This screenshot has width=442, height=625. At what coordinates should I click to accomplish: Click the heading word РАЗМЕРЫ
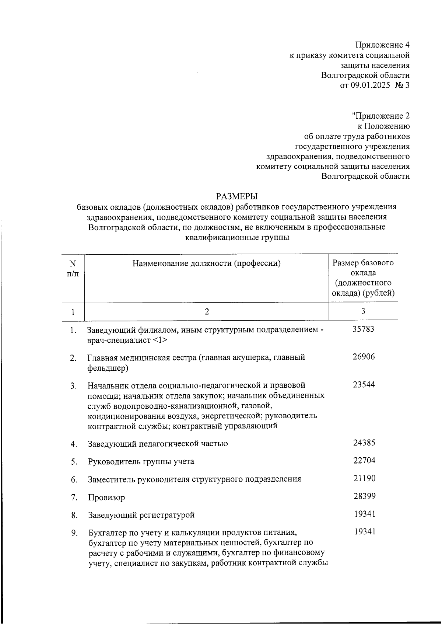click(x=237, y=196)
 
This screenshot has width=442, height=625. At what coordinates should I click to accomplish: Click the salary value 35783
click(x=363, y=329)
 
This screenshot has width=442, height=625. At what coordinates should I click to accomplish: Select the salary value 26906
click(x=364, y=357)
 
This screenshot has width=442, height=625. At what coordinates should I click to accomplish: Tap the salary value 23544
click(x=364, y=385)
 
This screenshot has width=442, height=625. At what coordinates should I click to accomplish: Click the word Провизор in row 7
click(x=106, y=497)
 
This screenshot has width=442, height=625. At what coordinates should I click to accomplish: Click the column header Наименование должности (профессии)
click(x=207, y=263)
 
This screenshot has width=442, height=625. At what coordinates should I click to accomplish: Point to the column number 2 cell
click(x=207, y=312)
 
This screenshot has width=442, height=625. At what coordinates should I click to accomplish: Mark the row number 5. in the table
click(x=74, y=462)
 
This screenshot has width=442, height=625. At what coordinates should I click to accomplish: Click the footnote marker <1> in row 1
click(x=159, y=340)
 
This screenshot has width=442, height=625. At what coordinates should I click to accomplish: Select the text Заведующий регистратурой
click(x=141, y=515)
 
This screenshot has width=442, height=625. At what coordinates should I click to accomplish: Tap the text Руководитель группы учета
click(x=141, y=462)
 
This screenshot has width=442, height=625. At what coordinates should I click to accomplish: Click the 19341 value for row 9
click(x=365, y=532)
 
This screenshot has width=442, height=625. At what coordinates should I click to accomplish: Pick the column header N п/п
click(x=73, y=269)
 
